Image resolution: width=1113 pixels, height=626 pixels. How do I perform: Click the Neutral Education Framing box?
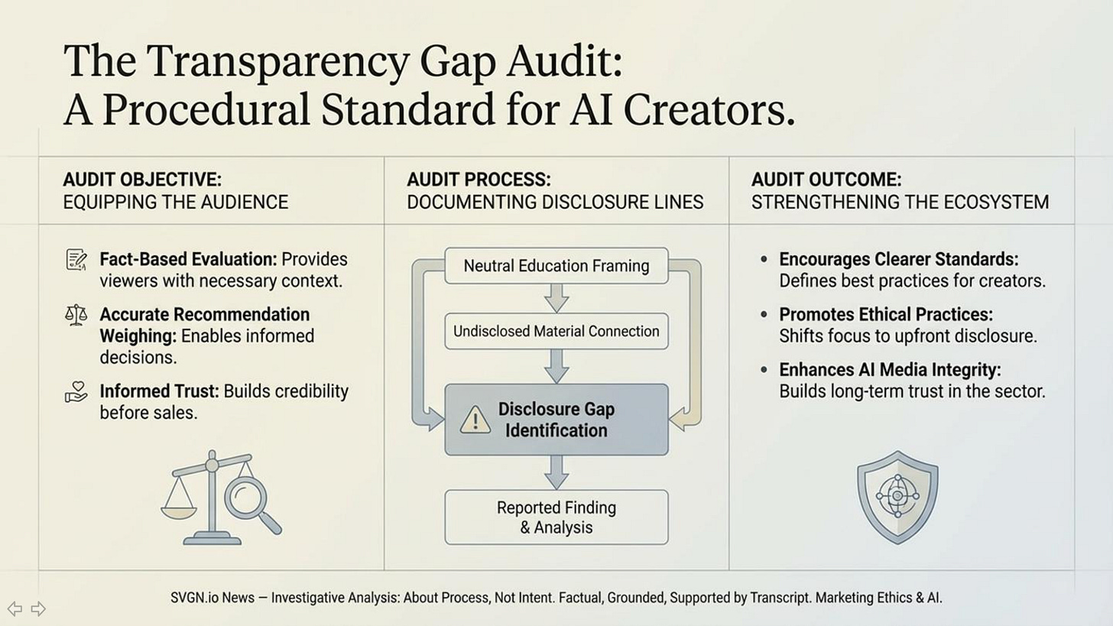tap(556, 266)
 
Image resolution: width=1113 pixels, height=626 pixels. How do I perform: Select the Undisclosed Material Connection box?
tap(556, 331)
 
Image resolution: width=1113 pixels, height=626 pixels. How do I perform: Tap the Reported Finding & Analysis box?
tap(556, 517)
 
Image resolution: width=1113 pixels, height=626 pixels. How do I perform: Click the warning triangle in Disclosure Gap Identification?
tap(475, 420)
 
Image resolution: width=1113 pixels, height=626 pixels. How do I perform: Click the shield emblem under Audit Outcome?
tap(897, 496)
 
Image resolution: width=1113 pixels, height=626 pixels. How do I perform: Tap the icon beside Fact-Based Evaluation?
tap(76, 260)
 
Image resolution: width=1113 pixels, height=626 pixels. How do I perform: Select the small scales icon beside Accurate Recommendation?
tap(76, 315)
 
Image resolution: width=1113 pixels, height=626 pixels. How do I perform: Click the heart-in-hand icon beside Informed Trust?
tap(76, 393)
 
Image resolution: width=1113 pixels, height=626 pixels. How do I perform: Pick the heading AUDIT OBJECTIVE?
tap(141, 180)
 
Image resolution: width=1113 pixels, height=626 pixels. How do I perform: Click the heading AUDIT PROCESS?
tap(479, 180)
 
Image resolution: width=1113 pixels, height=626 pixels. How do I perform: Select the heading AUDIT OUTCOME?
tap(826, 180)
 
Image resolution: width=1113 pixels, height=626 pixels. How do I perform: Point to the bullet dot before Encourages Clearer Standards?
tap(764, 260)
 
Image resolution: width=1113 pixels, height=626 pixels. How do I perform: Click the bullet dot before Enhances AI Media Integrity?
tap(764, 370)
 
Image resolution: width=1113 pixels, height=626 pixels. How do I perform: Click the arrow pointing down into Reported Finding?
tap(556, 472)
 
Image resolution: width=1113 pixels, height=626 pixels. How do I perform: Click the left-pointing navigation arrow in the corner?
tap(15, 608)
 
